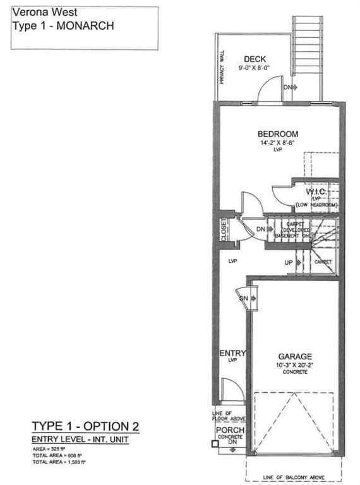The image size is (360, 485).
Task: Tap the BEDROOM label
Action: [x=277, y=134]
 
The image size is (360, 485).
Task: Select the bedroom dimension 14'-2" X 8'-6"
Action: [x=277, y=143]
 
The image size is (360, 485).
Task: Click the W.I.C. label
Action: [x=315, y=191]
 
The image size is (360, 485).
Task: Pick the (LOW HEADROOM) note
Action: [x=316, y=207]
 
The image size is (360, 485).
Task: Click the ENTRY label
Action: [x=232, y=353]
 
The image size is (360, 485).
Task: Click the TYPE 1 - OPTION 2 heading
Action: [x=85, y=424]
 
